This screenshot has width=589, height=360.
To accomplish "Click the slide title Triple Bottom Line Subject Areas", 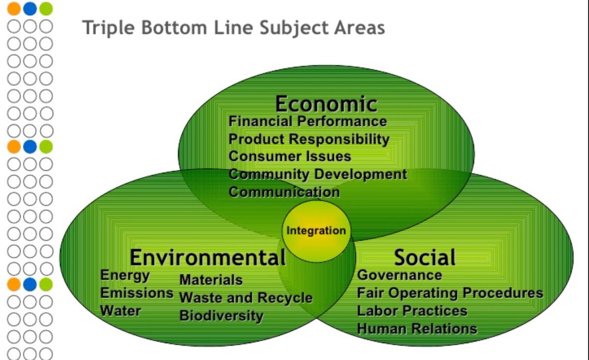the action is pos(234,27).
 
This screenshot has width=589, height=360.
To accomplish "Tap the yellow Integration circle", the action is pos(316,231).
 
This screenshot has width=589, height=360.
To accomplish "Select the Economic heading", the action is pos(326,104).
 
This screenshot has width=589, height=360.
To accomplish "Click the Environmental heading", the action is pos(207,257).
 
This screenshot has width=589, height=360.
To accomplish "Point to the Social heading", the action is pos(425,257).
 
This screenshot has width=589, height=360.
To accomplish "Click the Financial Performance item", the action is pos(308,121).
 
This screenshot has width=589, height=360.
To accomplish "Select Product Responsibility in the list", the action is pos(309,139).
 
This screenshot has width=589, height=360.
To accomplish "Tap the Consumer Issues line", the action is pos(290,156).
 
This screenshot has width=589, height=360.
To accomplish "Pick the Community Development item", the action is pos(318,174).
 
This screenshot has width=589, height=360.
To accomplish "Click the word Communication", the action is pos(284,192).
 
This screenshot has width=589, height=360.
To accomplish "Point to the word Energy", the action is pos(125,275).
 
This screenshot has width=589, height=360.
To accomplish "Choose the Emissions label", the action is pos(137,293).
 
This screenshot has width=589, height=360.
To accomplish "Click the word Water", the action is pos(120,310).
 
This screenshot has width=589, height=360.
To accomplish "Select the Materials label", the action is pos(211,280).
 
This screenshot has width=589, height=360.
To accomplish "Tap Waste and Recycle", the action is pos(246,298).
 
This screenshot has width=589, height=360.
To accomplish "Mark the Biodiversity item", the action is pos(221,315).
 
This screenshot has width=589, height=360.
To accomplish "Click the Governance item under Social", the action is pos(399,275).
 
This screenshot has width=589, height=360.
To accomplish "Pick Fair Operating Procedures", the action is pos(450,293).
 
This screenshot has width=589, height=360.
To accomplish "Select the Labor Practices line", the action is pos(412,310).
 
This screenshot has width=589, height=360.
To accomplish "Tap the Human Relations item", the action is pos(417,328).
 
